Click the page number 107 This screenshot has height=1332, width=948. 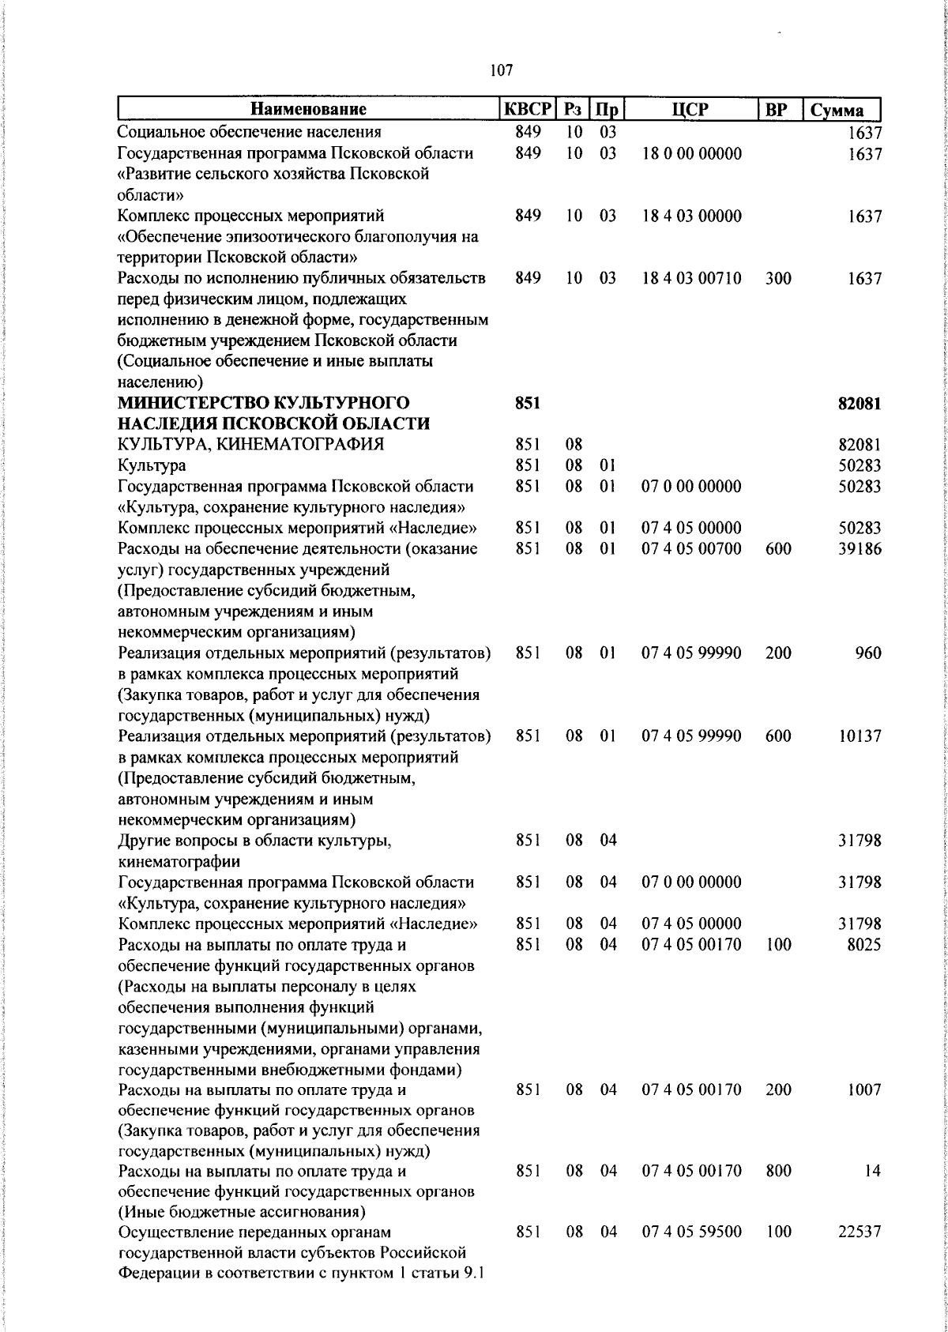pyautogui.click(x=502, y=71)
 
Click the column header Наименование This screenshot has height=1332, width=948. pyautogui.click(x=310, y=110)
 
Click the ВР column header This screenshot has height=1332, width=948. pyautogui.click(x=778, y=110)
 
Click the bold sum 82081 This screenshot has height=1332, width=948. pyautogui.click(x=860, y=404)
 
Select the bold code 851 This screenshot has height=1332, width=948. pyautogui.click(x=528, y=404)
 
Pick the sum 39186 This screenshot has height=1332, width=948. pyautogui.click(x=860, y=549)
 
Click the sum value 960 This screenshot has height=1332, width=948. pyautogui.click(x=867, y=653)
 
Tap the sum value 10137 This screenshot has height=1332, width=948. pyautogui.click(x=860, y=736)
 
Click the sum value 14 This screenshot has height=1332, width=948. pyautogui.click(x=871, y=1172)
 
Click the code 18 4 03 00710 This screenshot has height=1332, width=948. pyautogui.click(x=691, y=279)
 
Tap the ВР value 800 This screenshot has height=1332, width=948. pyautogui.click(x=778, y=1172)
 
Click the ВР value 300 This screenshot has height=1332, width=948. pyautogui.click(x=778, y=279)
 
